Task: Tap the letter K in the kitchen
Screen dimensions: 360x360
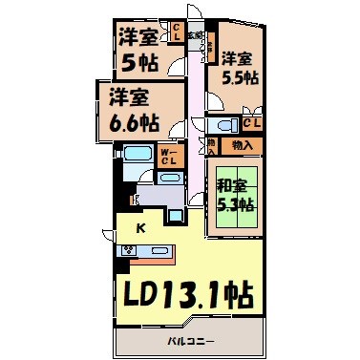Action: (x=140, y=228)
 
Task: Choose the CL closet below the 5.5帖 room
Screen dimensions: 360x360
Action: (x=253, y=122)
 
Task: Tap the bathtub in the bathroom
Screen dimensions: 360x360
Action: (x=132, y=155)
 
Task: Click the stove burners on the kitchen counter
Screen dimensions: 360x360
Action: (x=127, y=251)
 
